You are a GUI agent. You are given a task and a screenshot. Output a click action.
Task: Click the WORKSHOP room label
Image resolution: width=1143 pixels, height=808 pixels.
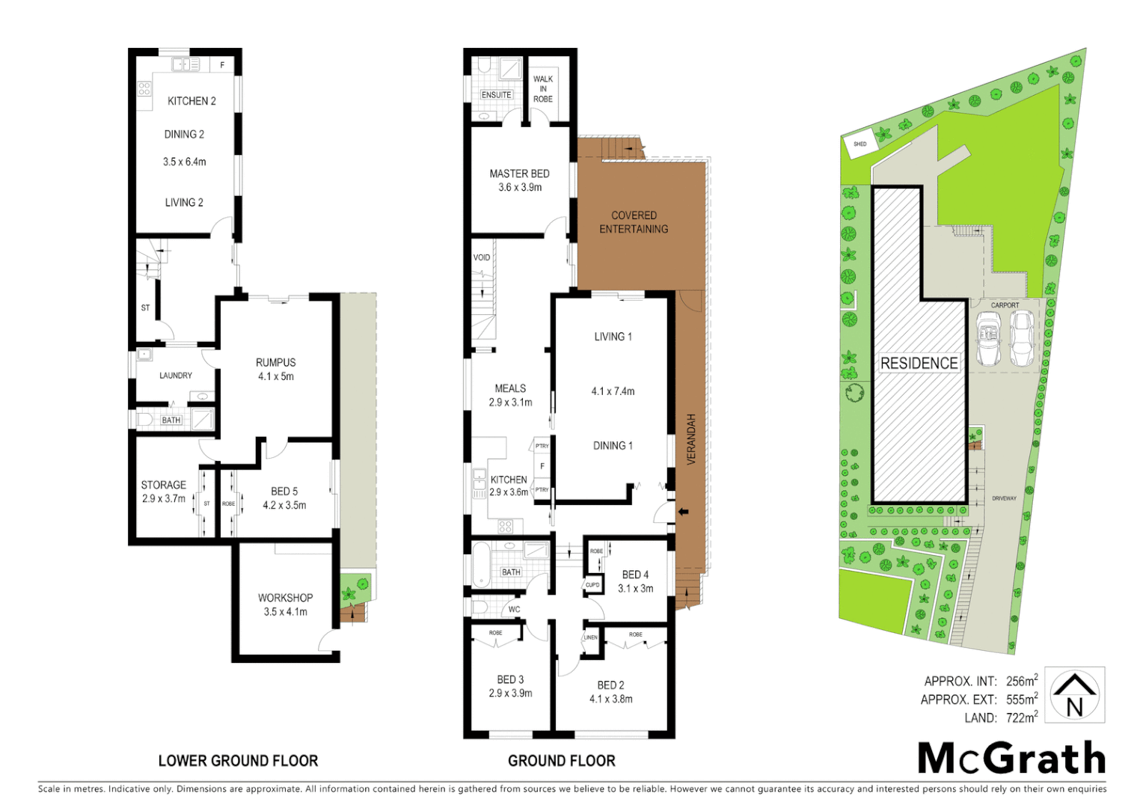[x=285, y=598]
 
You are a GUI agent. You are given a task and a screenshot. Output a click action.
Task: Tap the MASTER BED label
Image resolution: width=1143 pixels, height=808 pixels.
[x=519, y=174]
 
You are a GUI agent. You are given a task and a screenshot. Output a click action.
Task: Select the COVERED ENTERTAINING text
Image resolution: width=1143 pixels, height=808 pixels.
[x=634, y=222]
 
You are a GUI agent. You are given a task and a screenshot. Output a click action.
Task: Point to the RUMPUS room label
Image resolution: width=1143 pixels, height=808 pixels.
[x=275, y=363]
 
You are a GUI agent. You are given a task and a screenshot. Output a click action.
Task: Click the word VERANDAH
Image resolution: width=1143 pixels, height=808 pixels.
[x=691, y=439]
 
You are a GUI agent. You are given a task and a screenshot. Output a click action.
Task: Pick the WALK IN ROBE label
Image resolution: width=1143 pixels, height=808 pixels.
[x=543, y=89]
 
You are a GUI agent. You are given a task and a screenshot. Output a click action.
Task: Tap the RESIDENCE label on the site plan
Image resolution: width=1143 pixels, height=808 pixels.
[x=919, y=364]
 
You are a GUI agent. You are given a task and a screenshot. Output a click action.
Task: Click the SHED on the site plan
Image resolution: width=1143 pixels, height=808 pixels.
[x=859, y=144]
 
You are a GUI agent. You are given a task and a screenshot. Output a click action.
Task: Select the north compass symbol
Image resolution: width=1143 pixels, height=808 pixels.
[x=1074, y=695]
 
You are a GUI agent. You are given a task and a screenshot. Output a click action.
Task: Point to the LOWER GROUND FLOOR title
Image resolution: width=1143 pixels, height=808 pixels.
[x=238, y=761]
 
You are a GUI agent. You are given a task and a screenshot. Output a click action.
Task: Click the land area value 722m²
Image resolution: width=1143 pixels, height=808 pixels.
[x=1021, y=717]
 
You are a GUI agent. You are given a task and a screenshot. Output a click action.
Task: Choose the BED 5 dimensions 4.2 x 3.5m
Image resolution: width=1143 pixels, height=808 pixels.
[x=284, y=506]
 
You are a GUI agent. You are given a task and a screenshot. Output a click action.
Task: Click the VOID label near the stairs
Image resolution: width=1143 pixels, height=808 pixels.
[x=482, y=257]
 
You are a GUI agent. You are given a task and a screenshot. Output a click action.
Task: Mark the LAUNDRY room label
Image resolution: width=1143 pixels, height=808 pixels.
[x=176, y=376]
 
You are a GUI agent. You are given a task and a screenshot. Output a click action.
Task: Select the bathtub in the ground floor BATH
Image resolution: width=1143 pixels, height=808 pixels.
[x=480, y=565]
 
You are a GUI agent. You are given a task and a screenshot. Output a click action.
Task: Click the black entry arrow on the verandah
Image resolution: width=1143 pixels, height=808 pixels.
[x=682, y=512]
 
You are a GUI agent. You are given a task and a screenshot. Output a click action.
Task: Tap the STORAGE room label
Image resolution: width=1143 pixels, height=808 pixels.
[x=163, y=485]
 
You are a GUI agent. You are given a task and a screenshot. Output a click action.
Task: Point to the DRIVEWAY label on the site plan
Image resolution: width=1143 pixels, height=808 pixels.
[x=1004, y=498]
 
